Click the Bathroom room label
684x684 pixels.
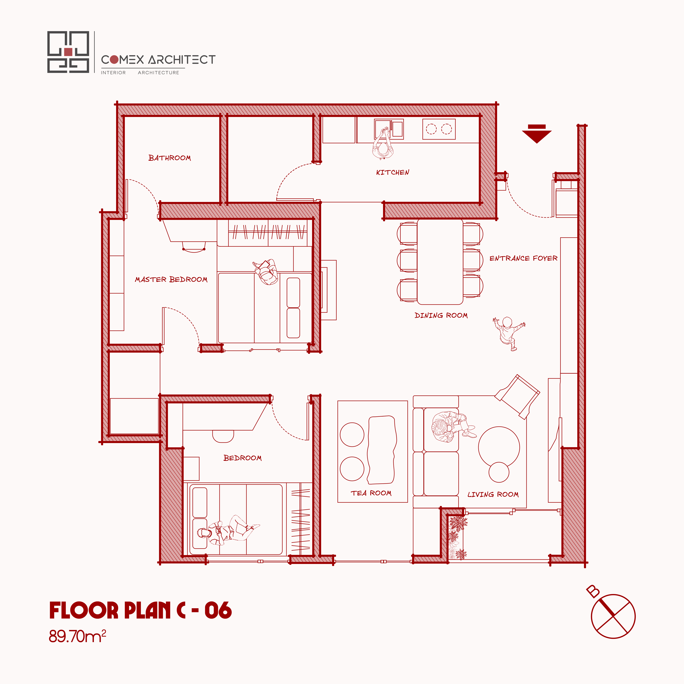(x=170, y=158)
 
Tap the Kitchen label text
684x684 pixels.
(x=393, y=172)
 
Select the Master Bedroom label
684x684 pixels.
(x=171, y=279)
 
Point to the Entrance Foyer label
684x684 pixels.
(x=523, y=258)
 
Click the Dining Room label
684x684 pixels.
(x=441, y=315)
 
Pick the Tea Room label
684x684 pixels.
(x=371, y=493)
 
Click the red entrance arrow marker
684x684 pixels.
(x=537, y=134)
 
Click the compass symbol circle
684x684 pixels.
(x=613, y=616)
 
